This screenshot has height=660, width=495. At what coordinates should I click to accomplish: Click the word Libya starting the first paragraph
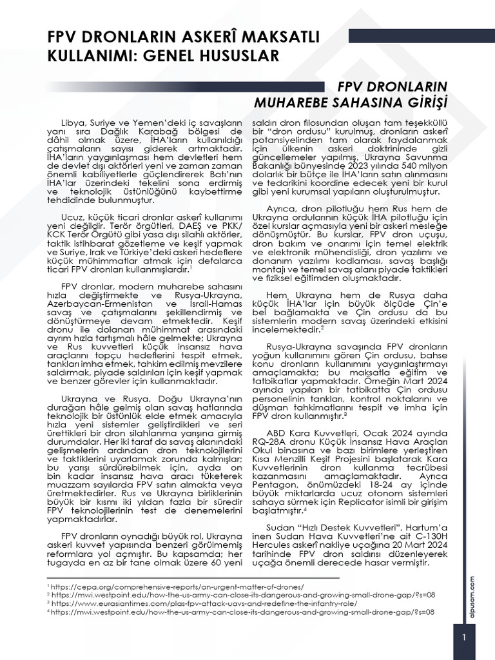point(73,122)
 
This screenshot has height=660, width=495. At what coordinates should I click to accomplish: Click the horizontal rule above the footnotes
point(193,578)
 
